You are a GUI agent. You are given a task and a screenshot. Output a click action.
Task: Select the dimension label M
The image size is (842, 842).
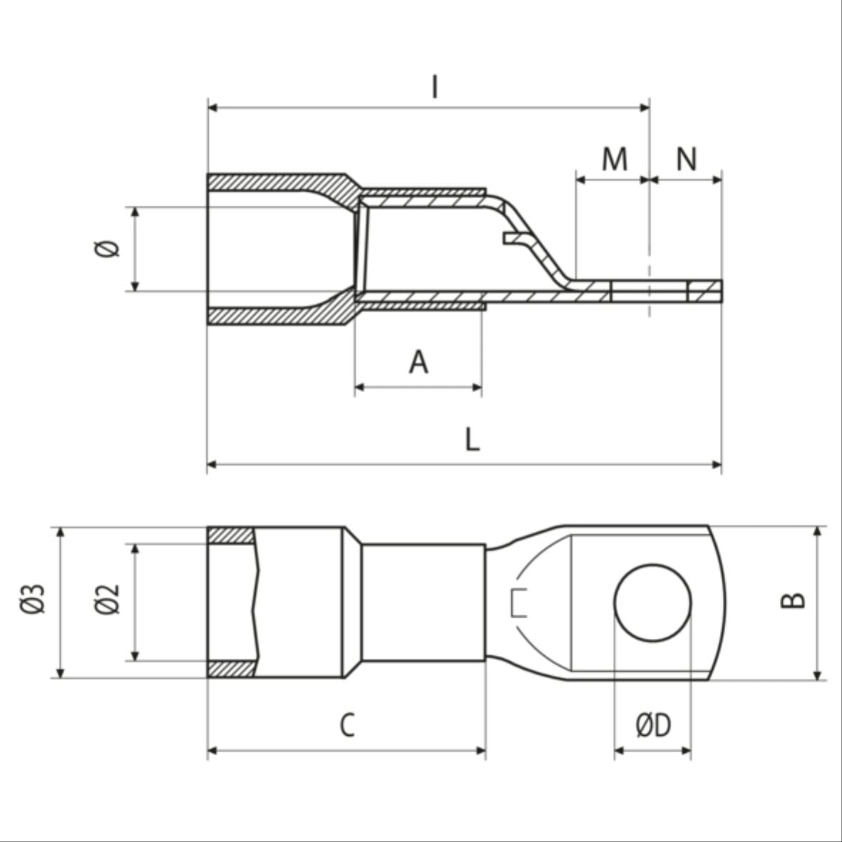pyautogui.click(x=614, y=160)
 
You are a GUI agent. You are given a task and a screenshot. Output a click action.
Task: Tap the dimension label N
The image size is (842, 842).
pyautogui.click(x=686, y=160)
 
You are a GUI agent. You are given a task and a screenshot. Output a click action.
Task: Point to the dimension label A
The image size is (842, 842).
pyautogui.click(x=419, y=362)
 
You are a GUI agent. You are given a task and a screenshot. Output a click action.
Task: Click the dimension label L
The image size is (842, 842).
pyautogui.click(x=472, y=440)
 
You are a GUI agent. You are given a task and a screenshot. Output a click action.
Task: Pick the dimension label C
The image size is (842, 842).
pyautogui.click(x=346, y=726)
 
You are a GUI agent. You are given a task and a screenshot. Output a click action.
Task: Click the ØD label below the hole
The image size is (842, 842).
pyautogui.click(x=653, y=726)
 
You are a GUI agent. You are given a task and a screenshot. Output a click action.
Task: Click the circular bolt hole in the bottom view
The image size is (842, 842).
pyautogui.click(x=652, y=602)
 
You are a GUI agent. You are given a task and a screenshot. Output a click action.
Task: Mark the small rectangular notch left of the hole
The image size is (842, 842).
pyautogui.click(x=519, y=602)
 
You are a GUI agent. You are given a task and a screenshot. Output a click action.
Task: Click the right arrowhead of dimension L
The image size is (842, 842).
pyautogui.click(x=717, y=466)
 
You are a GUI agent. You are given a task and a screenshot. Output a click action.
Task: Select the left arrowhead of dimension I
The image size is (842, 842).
pyautogui.click(x=212, y=108)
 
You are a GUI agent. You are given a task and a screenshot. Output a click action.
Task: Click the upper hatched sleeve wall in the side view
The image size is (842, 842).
pyautogui.click(x=278, y=182)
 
